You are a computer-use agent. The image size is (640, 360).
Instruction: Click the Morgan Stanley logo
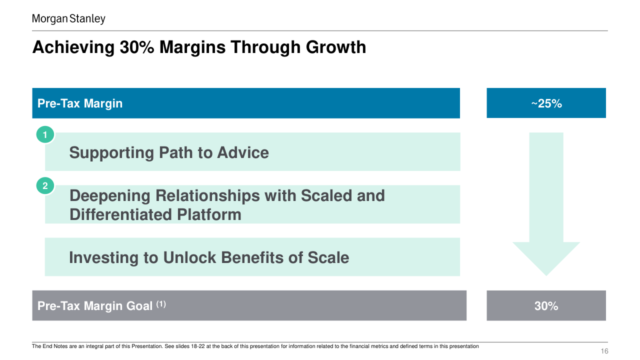(x=68, y=19)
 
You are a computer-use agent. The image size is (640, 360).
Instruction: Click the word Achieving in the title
(x=73, y=47)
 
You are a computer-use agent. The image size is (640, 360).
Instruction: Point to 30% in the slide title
(x=137, y=47)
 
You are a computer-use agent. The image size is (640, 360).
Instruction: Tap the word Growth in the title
(x=335, y=47)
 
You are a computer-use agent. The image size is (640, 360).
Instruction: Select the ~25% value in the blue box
(x=546, y=103)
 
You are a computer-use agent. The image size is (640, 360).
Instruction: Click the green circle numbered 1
(x=45, y=134)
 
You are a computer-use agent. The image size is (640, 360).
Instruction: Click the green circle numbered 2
(x=45, y=185)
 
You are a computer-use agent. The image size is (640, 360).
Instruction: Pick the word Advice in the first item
(x=243, y=152)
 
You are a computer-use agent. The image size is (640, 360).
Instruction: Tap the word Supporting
(x=111, y=153)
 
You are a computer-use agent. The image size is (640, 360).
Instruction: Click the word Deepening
(x=109, y=196)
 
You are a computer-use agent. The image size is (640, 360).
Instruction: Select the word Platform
(x=209, y=214)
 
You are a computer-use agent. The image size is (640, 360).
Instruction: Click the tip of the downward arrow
(x=546, y=275)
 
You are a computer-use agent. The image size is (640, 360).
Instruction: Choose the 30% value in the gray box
(x=546, y=306)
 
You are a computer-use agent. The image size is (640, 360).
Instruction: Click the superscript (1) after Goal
(x=161, y=304)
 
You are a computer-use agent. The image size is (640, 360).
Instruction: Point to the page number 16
(x=604, y=351)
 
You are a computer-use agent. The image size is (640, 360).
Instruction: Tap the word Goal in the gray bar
(x=139, y=306)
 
